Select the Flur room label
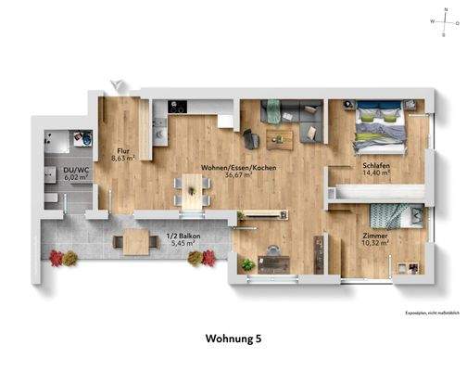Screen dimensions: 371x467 [121, 150]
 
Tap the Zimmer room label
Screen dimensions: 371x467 [375, 237]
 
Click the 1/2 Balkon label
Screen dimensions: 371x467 [179, 236]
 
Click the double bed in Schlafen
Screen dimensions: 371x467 [381, 130]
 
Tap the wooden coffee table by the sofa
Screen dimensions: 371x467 [278, 137]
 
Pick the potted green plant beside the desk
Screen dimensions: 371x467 [247, 264]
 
